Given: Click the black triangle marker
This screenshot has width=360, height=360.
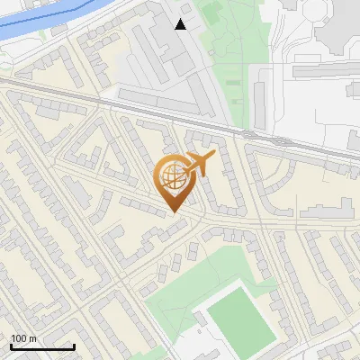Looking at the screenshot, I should click(x=181, y=24).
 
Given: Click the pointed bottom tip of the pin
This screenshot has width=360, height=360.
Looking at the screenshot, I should click(x=174, y=212).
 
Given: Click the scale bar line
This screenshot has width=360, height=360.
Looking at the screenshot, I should click(x=41, y=346).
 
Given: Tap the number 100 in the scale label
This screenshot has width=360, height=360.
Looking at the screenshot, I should click(x=18, y=338).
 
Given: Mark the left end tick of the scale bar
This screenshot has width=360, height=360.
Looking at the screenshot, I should click(x=10, y=345).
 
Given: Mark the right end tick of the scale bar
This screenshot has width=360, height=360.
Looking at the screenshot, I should click(x=74, y=345).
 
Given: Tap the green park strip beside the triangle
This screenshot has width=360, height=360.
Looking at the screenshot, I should click(x=229, y=54).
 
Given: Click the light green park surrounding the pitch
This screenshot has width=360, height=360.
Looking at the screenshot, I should click(x=175, y=301).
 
